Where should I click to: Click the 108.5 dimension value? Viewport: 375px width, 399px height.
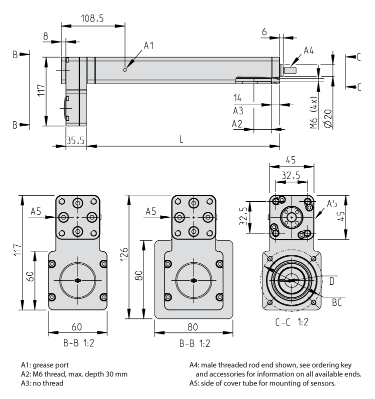[92, 19]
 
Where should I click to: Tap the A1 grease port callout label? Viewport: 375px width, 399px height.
[148, 46]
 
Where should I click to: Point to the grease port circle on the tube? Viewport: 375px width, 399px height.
[125, 69]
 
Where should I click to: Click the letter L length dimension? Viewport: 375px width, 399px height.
[181, 140]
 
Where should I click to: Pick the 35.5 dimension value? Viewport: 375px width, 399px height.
[75, 140]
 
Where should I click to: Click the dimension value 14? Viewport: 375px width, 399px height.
[238, 97]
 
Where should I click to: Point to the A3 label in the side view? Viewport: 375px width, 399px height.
[238, 110]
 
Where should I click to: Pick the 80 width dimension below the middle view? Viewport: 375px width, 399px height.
[192, 327]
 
